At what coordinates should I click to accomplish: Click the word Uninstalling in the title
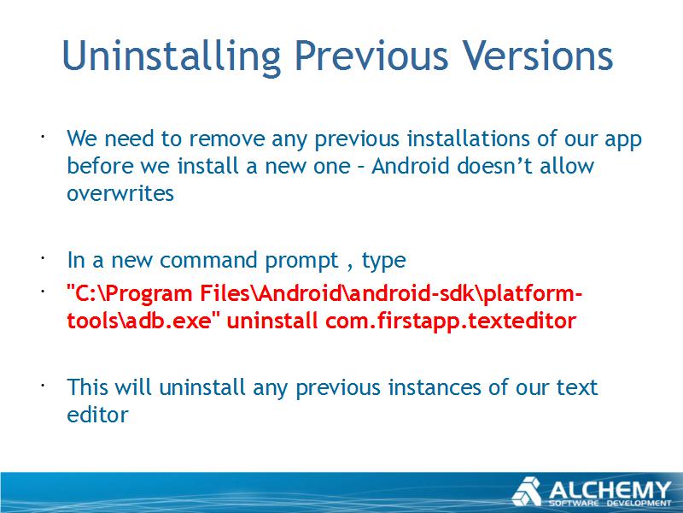coord(172,56)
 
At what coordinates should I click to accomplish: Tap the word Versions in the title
coord(538,56)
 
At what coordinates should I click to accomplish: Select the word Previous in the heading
coord(371,56)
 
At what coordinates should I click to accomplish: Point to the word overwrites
coord(120,193)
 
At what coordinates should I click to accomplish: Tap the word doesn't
coord(495,166)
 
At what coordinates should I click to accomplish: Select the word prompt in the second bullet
coord(301,262)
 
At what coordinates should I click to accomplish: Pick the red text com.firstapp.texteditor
coord(451,321)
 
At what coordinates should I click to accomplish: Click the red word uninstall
coord(271,321)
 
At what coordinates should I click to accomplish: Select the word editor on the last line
coord(97,415)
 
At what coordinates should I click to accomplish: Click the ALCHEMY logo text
coord(610,490)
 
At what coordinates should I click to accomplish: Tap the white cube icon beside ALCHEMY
coord(527,492)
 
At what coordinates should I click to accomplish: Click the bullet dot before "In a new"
coord(43,258)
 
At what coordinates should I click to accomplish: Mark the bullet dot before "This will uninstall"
coord(43,386)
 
